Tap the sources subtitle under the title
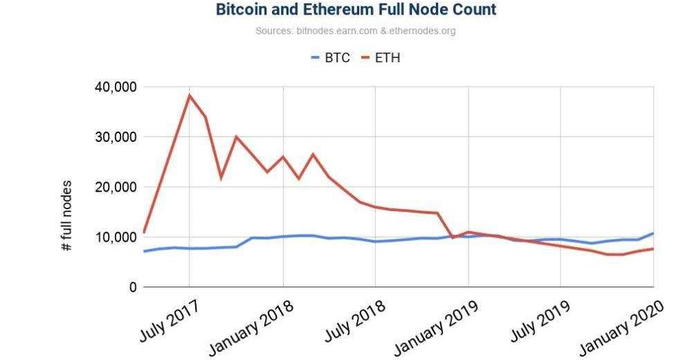click(355, 31)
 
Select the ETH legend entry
click(386, 57)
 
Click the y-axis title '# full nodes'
click(67, 217)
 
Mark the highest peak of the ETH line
click(189, 96)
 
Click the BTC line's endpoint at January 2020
click(653, 233)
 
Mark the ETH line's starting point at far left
click(144, 232)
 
